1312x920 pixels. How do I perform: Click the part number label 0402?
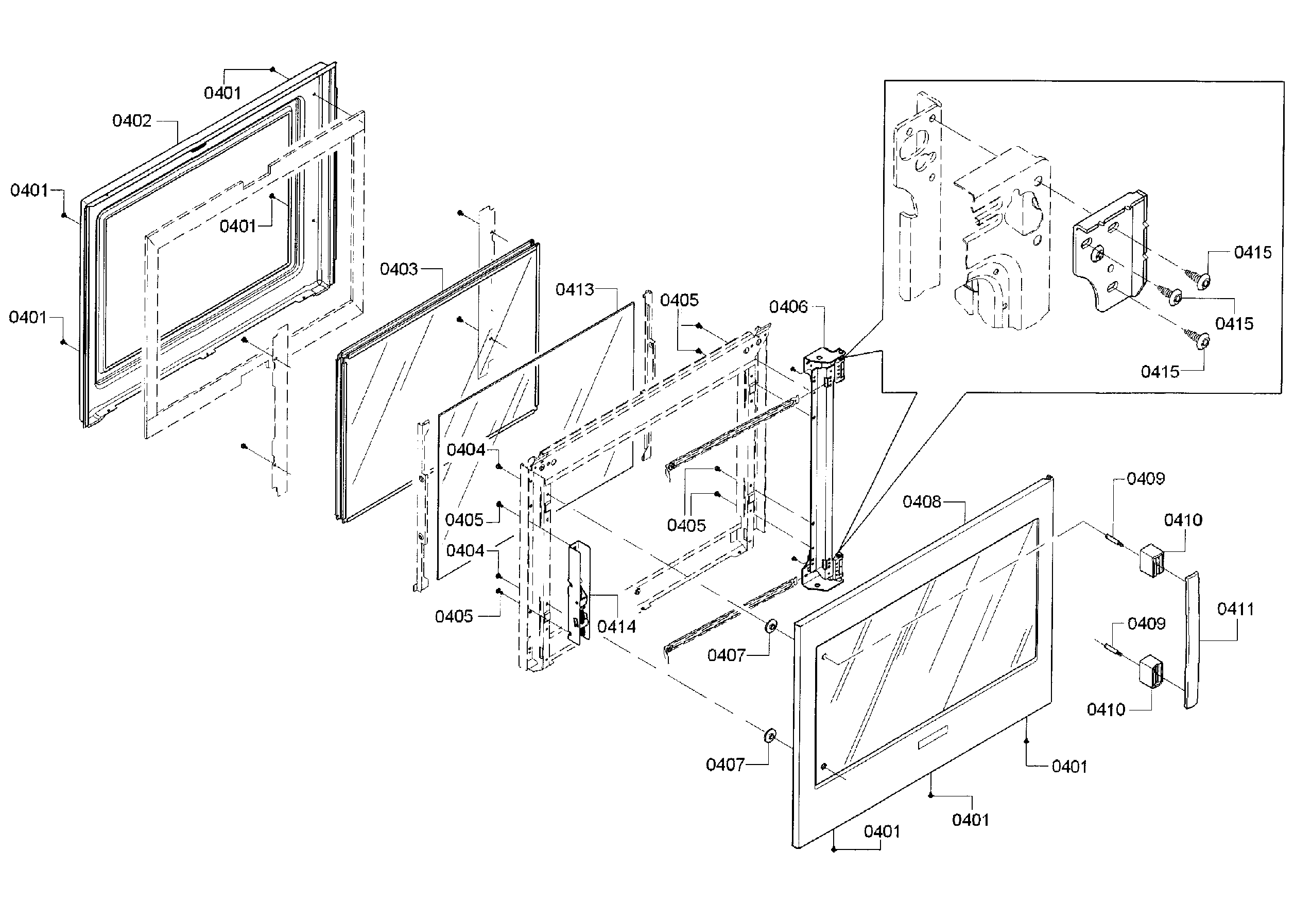pyautogui.click(x=131, y=120)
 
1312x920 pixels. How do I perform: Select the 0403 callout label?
pyautogui.click(x=399, y=269)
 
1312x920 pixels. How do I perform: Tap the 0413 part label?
pyautogui.click(x=574, y=290)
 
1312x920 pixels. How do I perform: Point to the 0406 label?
pyautogui.click(x=788, y=307)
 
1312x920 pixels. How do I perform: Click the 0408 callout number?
pyautogui.click(x=921, y=502)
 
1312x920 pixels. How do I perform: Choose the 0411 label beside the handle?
pyautogui.click(x=1235, y=609)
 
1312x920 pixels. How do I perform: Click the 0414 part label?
pyautogui.click(x=616, y=627)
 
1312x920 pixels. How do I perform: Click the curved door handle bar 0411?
pyautogui.click(x=1191, y=640)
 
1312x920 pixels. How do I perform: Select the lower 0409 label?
pyautogui.click(x=1146, y=623)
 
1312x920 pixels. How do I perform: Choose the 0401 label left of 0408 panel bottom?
pyautogui.click(x=881, y=831)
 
